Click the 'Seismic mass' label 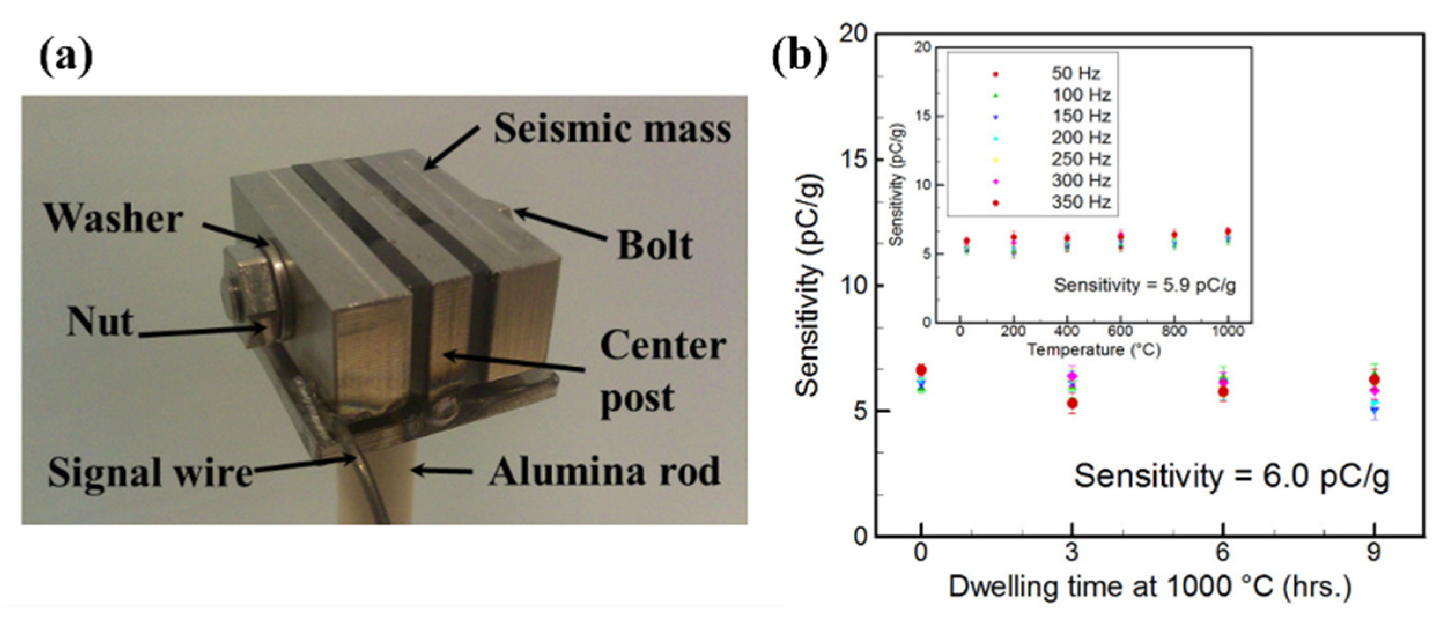click(612, 128)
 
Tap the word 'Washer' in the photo click(113, 219)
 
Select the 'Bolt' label click(655, 245)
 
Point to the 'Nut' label click(99, 322)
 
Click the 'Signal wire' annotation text click(150, 473)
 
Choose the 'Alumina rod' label click(605, 472)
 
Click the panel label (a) click(66, 58)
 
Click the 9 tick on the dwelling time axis click(1374, 552)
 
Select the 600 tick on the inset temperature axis click(1120, 331)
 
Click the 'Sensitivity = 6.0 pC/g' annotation click(1232, 477)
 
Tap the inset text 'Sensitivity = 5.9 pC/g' click(1145, 285)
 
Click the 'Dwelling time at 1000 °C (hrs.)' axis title click(1151, 587)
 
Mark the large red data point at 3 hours click(1072, 403)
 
